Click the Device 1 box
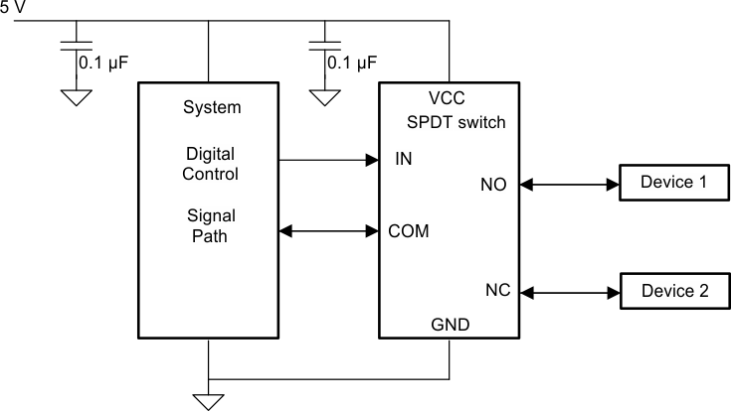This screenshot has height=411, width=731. coord(673,183)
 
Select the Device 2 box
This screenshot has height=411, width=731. coord(673,292)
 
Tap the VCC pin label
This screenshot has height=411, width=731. coord(447,99)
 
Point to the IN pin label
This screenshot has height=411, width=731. coord(403,159)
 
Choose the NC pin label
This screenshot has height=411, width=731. coord(497,291)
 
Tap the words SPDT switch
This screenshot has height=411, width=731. coord(457,123)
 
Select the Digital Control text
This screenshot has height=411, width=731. coord(212,164)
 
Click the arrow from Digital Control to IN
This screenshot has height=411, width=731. coord(329,159)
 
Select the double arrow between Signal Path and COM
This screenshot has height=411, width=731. coord(329,231)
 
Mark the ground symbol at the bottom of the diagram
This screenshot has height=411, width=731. coord(208,400)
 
